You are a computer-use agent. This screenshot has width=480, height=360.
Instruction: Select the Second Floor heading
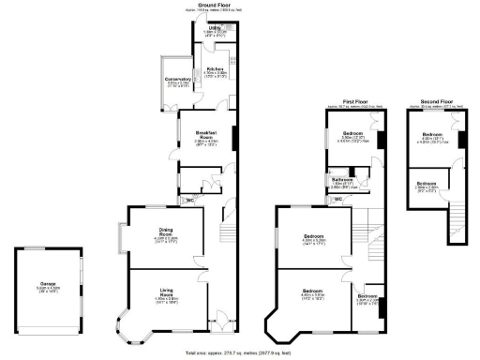(x=433, y=98)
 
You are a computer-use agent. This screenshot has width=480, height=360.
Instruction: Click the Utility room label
(x=215, y=30)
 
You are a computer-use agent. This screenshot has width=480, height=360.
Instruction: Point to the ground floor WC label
(x=190, y=200)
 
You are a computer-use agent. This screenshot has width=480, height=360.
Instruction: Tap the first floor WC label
(x=337, y=199)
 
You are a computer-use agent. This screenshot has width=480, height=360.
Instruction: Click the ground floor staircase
(x=226, y=230)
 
